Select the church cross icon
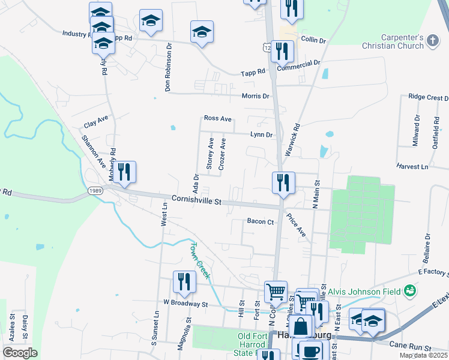tap(433, 41)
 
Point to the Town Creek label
tap(199, 260)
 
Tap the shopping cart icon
tap(276, 292)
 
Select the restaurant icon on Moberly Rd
tap(124, 172)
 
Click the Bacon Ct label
tap(261, 221)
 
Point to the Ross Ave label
tap(217, 119)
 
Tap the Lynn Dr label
tap(262, 135)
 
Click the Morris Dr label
tap(255, 96)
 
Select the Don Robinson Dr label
tap(169, 67)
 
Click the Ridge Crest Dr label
tap(428, 97)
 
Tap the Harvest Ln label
tap(412, 166)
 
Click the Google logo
tap(20, 353)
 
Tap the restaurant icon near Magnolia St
tap(184, 282)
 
